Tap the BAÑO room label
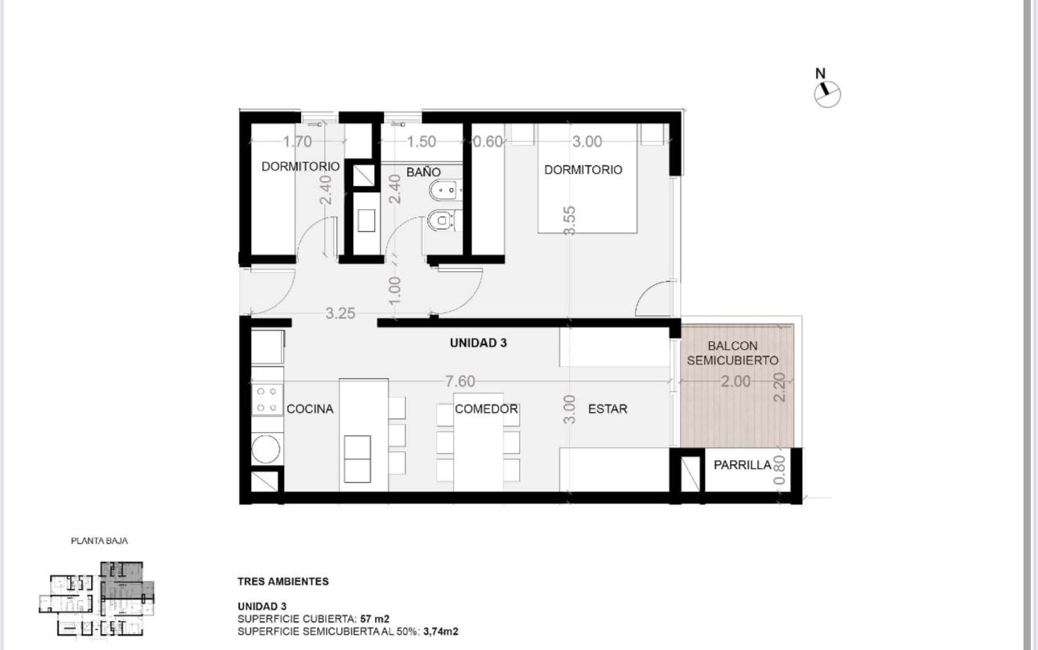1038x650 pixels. (423, 172)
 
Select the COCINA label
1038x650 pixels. (310, 409)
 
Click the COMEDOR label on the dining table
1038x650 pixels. (486, 409)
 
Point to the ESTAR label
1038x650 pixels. (608, 409)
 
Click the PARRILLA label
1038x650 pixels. (743, 465)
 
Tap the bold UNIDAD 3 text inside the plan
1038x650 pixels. (478, 343)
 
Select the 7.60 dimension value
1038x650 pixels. (460, 381)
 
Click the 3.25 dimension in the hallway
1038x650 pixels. (340, 313)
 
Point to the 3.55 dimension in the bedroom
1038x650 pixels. (569, 220)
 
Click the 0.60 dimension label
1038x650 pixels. (488, 142)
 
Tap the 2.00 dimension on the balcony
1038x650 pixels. (735, 381)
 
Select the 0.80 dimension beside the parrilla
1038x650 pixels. (780, 470)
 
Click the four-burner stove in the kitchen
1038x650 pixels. (267, 399)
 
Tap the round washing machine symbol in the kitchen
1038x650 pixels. (266, 449)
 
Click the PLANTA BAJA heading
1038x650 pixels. (99, 541)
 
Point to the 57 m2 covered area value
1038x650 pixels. (374, 619)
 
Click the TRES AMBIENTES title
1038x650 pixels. (283, 582)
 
